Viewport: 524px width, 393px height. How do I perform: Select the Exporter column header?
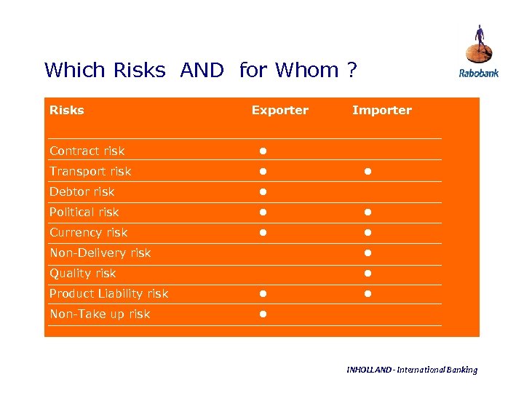279,111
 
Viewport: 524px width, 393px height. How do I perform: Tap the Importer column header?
381,111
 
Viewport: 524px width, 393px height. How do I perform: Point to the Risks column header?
66,111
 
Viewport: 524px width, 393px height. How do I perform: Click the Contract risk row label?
87,151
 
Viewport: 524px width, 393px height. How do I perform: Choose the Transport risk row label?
90,172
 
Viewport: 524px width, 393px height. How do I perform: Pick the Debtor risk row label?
82,192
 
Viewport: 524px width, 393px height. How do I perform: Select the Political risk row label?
84,213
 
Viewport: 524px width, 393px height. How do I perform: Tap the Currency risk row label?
88,233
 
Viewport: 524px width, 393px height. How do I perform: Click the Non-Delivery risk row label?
100,253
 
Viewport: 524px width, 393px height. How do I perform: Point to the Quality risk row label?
82,274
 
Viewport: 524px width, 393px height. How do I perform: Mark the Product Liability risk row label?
108,294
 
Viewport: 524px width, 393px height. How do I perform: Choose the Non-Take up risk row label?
100,314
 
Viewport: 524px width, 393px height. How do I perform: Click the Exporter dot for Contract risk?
263,151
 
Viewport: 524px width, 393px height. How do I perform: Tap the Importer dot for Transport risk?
368,172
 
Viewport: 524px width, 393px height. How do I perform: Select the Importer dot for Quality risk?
368,274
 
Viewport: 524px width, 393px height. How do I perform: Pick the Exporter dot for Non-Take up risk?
263,314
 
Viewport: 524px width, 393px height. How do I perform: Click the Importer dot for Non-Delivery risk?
368,253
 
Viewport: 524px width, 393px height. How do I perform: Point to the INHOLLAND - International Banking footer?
412,370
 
